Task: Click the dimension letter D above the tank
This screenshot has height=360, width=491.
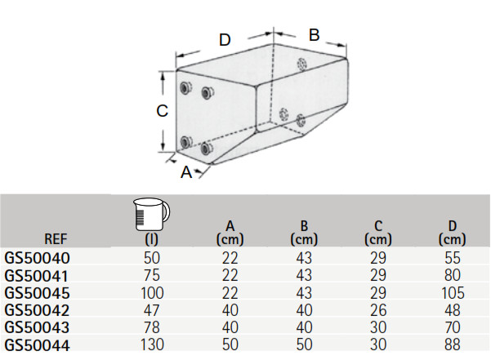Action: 226,39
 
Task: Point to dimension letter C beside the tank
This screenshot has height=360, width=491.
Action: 163,110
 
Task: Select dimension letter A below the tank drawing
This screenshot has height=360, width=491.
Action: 186,171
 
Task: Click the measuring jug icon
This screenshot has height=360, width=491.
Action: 151,215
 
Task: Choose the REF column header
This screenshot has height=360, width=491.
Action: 56,239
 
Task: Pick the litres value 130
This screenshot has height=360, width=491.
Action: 151,344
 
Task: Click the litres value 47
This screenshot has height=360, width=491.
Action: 151,309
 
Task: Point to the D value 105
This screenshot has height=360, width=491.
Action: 452,292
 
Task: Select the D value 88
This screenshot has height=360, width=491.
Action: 452,344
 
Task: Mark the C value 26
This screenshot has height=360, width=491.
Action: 377,309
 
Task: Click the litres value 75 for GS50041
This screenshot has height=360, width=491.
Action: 151,274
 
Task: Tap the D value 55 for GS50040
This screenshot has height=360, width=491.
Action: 452,257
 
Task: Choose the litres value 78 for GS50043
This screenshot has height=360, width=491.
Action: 151,327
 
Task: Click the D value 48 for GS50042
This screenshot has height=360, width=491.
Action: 452,309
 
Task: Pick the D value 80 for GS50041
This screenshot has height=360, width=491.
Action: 452,274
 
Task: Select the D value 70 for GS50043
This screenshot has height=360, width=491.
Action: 452,327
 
